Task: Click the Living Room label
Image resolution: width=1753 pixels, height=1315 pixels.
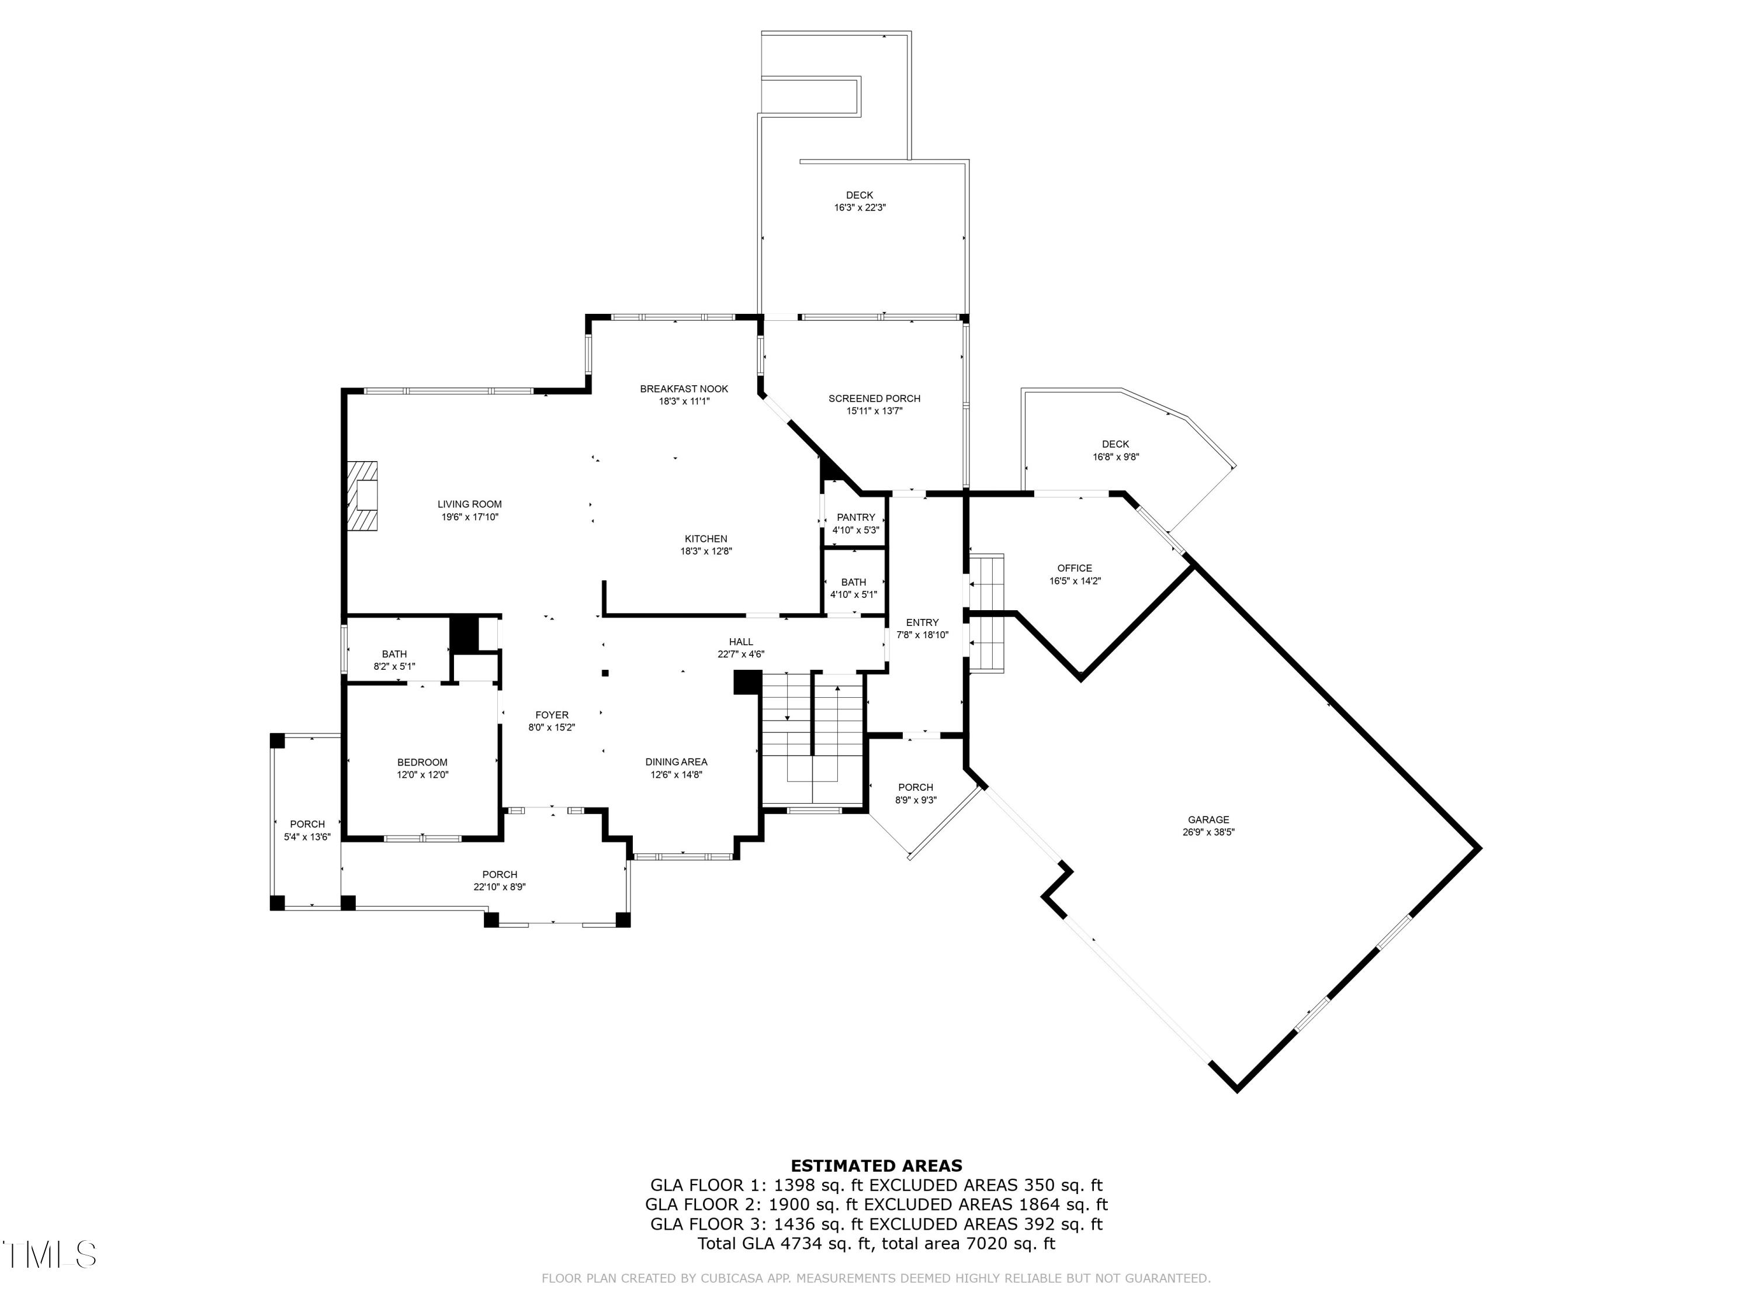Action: coord(470,504)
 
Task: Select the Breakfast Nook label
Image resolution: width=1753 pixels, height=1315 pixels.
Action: coord(684,389)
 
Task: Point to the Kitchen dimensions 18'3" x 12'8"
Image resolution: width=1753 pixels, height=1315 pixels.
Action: coord(706,552)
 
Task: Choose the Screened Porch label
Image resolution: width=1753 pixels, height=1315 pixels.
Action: coord(874,399)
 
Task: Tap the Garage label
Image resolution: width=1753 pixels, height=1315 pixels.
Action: coord(1208,819)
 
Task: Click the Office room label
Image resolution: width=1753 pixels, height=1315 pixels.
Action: coord(1075,568)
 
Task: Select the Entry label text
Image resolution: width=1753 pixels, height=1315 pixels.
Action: coord(923,622)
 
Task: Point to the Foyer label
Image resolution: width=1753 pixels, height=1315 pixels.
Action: coord(552,715)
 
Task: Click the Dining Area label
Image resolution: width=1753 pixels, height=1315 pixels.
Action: coord(676,762)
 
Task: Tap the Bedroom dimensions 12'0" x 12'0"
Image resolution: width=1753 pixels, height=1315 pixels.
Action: coord(422,775)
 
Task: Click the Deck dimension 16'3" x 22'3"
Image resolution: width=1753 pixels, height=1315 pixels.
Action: coord(860,207)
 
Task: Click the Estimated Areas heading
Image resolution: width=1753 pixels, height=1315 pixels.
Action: coord(876,1165)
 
